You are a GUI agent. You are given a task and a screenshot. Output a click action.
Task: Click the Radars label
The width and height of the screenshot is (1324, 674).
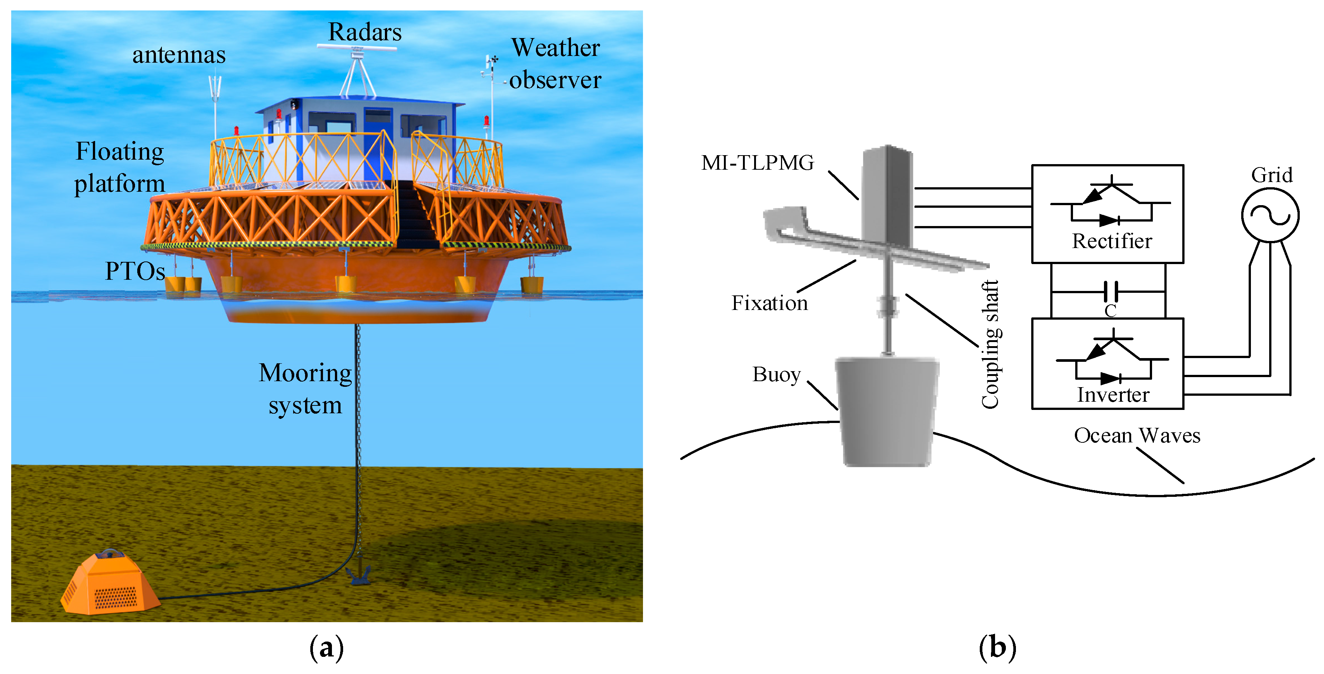(x=364, y=32)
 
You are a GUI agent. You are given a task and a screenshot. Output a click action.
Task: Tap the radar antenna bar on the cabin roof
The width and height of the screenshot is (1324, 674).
(x=357, y=47)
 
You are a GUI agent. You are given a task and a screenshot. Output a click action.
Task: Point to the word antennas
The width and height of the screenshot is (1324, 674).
(x=179, y=55)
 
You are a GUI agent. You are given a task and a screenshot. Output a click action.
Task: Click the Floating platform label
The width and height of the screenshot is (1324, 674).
(x=119, y=167)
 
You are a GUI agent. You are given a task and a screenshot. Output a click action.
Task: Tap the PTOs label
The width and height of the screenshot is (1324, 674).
(x=135, y=271)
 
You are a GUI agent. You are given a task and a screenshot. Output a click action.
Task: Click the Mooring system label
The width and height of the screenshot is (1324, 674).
(x=305, y=389)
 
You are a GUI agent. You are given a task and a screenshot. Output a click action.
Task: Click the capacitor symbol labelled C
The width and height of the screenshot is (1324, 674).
(x=1111, y=292)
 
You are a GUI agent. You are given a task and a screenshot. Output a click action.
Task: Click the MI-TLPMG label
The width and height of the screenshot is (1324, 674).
(x=757, y=163)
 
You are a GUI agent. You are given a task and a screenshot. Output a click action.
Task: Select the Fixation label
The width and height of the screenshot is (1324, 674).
(x=769, y=303)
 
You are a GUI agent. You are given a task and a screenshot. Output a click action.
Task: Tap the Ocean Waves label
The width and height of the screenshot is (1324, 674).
(x=1137, y=435)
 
